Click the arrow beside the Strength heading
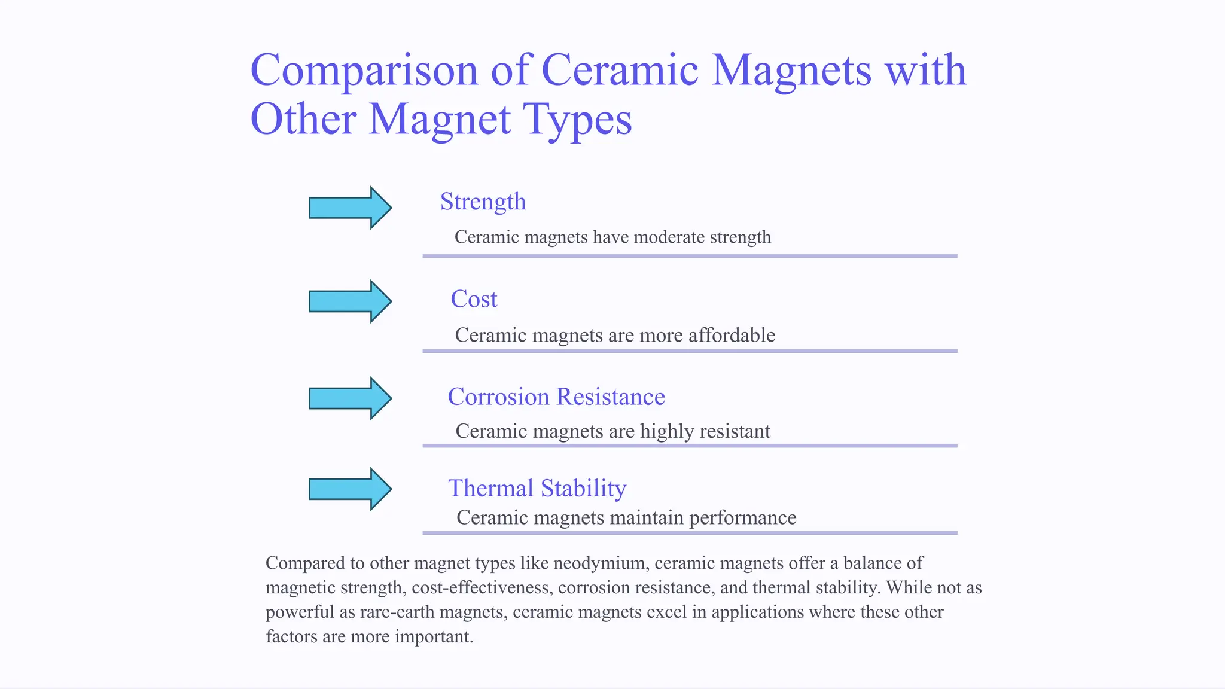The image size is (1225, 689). [x=350, y=208]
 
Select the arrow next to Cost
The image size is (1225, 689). [x=350, y=301]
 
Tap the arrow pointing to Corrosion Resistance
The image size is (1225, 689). [x=350, y=398]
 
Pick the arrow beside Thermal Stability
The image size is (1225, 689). [x=350, y=489]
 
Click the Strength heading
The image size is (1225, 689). [x=483, y=202]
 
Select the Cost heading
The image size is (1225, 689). [x=474, y=299]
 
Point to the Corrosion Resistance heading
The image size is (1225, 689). [x=556, y=397]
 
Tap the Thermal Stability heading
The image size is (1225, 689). [x=537, y=488]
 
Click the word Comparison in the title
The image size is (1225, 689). [x=364, y=71]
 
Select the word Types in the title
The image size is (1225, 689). [x=577, y=119]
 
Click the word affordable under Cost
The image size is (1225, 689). [x=732, y=335]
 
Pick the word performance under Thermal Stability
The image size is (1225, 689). [x=742, y=517]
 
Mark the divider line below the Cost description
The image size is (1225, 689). [x=690, y=351]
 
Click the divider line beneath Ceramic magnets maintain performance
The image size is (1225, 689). [x=690, y=532]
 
